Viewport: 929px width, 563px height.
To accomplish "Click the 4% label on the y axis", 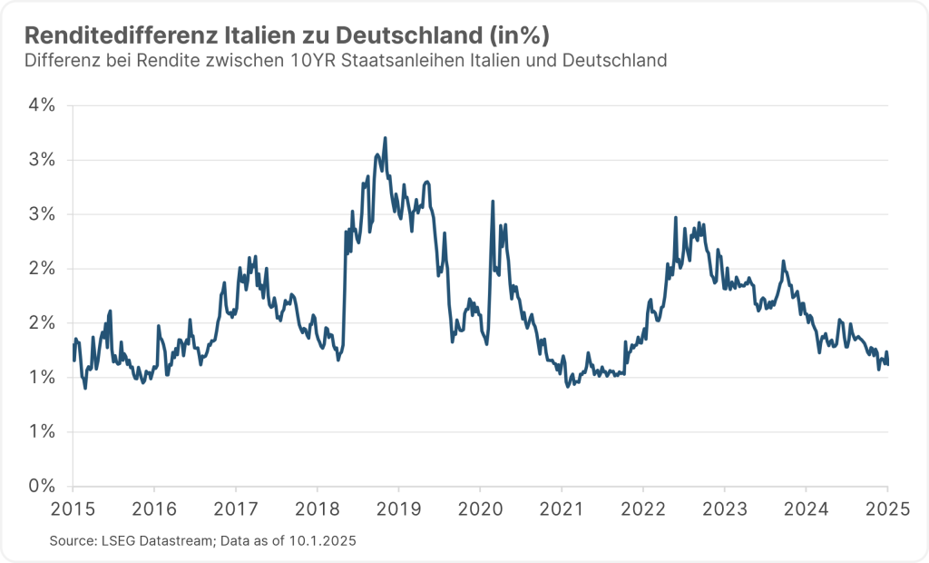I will click(x=42, y=105).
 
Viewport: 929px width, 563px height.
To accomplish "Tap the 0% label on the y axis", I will click(x=42, y=486).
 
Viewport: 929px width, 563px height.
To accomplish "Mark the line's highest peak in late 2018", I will click(x=386, y=138).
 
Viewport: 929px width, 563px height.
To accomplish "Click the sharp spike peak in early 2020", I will click(x=493, y=202).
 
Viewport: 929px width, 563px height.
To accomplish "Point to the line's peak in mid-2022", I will click(x=676, y=218).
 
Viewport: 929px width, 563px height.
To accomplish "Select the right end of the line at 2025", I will click(x=888, y=364).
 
